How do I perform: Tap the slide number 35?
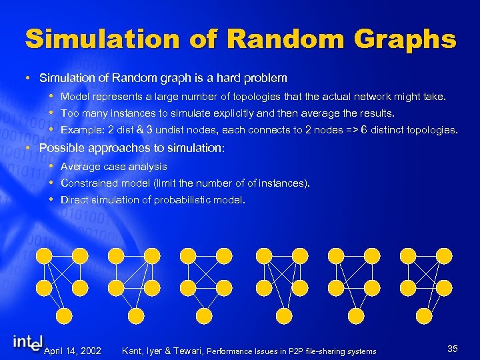point(453,349)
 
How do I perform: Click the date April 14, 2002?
point(72,351)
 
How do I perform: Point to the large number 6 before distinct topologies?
point(364,130)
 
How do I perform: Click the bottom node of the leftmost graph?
point(63,315)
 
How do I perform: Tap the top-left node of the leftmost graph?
point(44,255)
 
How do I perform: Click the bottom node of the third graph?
point(209,315)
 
